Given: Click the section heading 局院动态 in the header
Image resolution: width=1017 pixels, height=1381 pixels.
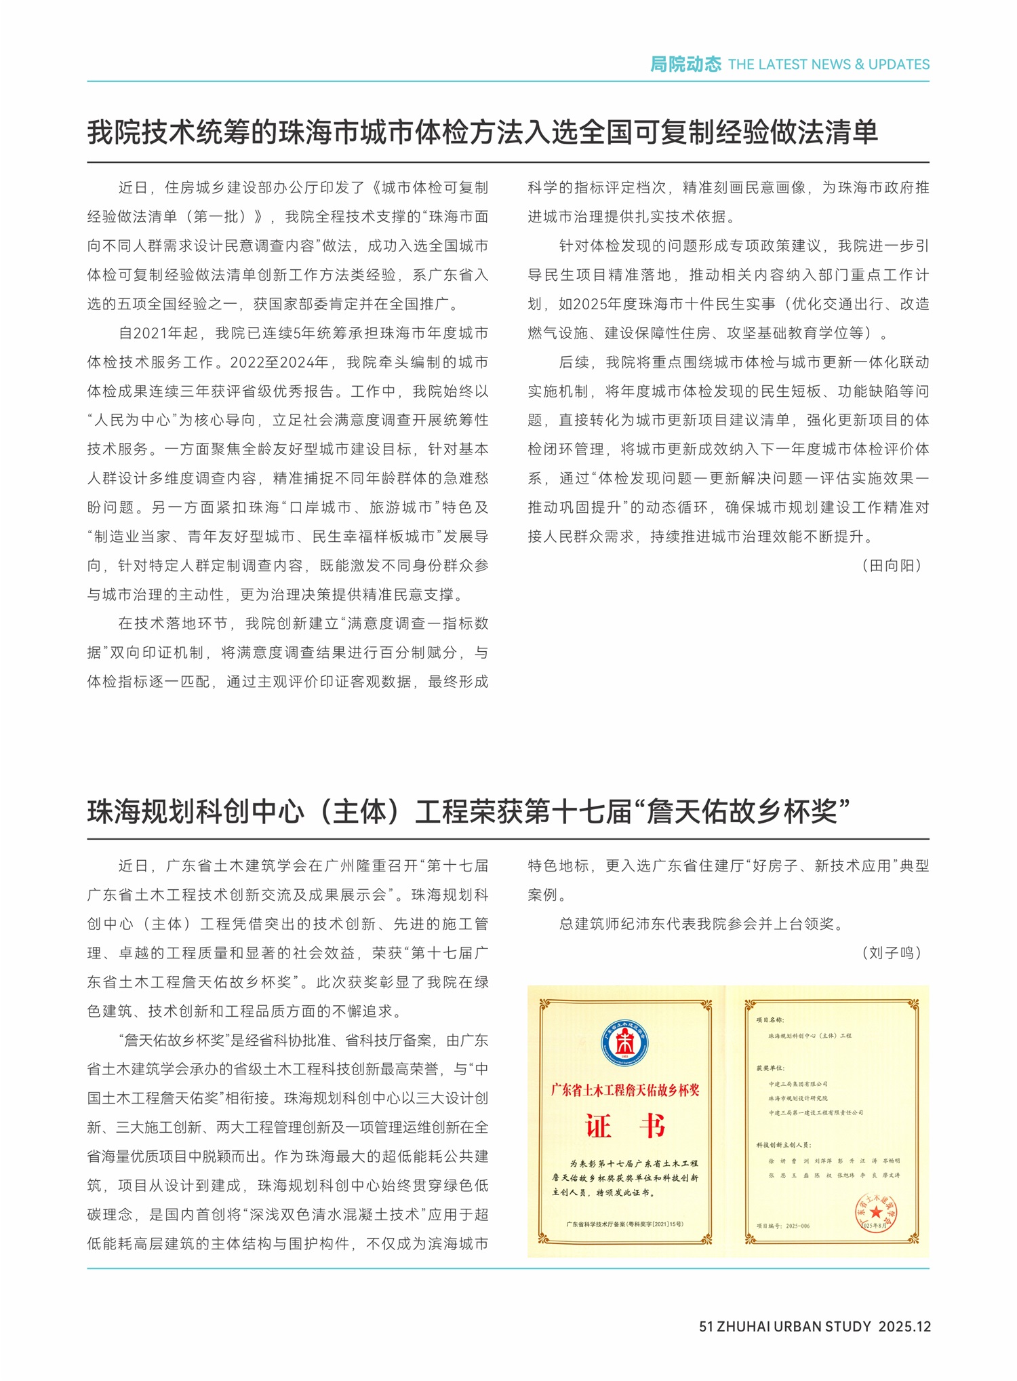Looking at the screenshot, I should tap(685, 64).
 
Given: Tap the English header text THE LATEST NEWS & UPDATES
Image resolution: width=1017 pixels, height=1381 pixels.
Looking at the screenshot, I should tap(829, 64).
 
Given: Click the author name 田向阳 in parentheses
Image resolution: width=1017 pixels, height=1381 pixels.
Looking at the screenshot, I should tap(892, 566).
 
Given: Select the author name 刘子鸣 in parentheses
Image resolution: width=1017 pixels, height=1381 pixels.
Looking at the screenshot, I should tap(892, 953).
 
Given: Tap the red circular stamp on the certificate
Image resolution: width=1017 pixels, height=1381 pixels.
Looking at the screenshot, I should tap(877, 1212).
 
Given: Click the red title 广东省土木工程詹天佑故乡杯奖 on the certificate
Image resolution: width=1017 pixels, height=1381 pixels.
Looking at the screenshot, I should tap(624, 1090).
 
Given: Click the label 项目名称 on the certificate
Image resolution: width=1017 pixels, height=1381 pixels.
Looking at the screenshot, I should tap(770, 1019).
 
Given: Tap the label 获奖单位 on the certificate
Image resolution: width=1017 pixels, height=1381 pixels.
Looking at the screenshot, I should tap(770, 1068).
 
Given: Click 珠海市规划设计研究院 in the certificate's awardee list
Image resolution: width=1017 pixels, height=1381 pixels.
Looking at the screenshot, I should tap(798, 1098).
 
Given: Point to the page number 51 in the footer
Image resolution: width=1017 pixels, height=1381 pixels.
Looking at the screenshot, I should tap(706, 1327).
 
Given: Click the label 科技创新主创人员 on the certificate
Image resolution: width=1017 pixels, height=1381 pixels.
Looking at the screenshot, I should tap(784, 1145).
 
